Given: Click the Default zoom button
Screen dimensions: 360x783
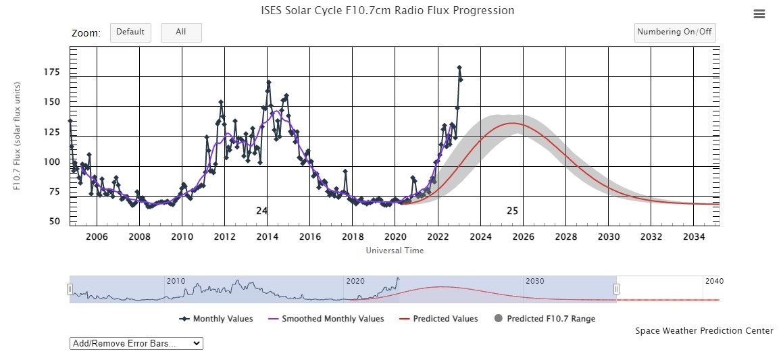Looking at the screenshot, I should pos(130,32).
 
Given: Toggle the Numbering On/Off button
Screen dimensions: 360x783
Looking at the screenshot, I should pos(674,32).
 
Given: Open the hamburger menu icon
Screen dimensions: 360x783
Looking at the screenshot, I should pos(759,14).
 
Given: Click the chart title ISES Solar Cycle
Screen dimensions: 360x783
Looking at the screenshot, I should pos(387,11).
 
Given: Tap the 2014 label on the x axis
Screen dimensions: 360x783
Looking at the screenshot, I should pos(267,237).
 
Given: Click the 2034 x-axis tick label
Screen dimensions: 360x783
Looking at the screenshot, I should pos(694,237).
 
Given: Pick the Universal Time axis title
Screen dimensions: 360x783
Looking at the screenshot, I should pos(395,251).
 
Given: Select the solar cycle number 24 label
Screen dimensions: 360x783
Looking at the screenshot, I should pos(262,211).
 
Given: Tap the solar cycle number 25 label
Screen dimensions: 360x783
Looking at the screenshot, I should pos(512,211).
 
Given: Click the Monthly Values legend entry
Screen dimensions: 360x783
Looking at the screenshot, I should pos(216,319).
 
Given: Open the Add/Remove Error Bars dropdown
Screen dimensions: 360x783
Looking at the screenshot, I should pos(136,343).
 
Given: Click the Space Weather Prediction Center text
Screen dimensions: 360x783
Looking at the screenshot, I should pos(704,331).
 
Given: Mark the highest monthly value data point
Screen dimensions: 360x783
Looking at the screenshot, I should pos(459,68).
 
